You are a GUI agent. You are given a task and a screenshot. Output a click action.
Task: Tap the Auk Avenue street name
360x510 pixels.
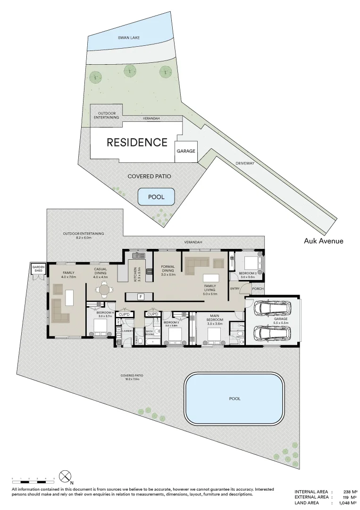[x=324, y=241]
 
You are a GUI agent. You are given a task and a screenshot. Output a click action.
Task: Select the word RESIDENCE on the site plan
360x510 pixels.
[x=137, y=142]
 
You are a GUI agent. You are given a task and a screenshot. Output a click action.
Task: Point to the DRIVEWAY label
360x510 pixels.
[x=245, y=163]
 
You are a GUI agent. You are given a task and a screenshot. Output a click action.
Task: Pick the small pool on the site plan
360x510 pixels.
[x=156, y=196]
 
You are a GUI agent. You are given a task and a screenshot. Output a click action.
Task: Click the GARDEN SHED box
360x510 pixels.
[x=38, y=268]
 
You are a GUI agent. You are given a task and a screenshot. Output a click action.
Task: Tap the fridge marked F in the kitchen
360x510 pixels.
[x=140, y=297]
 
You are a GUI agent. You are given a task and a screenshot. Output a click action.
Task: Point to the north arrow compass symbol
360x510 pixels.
[x=65, y=476]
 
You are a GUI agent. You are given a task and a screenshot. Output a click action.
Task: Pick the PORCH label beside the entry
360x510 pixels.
[x=258, y=289]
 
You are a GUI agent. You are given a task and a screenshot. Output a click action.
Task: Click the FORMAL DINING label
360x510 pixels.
[x=168, y=270]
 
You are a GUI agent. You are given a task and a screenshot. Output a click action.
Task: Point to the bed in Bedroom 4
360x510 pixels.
[x=100, y=326]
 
